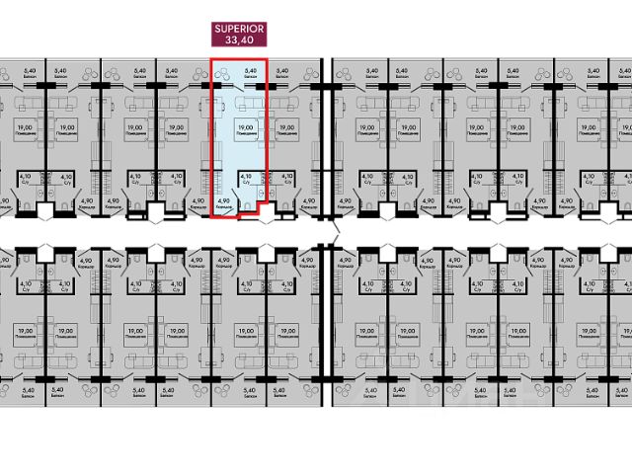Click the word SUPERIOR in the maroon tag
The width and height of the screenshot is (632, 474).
tap(238, 31)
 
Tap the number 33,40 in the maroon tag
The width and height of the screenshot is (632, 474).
tap(238, 42)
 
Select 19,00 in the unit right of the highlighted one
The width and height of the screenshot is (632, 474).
tap(286, 125)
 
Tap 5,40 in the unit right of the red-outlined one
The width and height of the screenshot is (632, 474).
tap(282, 70)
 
